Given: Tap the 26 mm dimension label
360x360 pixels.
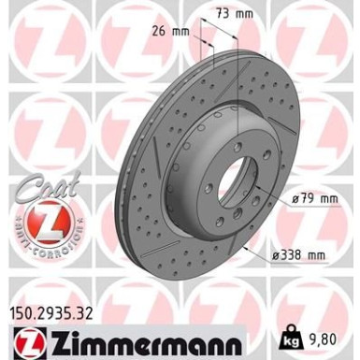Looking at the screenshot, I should [170, 31].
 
